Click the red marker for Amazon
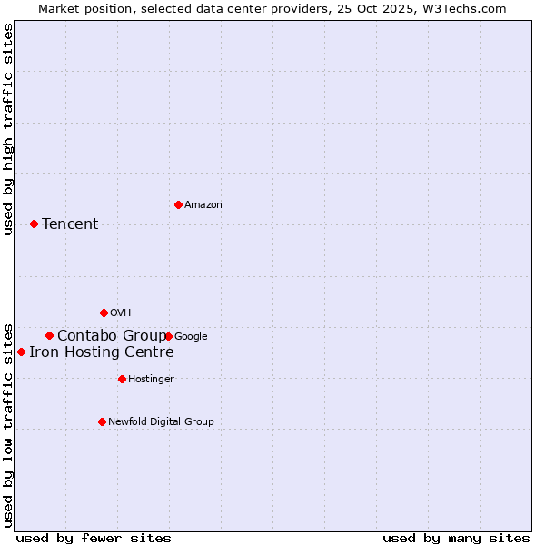(x=178, y=204)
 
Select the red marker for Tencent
(x=34, y=223)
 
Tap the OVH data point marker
(x=104, y=312)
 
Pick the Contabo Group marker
(x=49, y=335)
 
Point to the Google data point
(x=169, y=336)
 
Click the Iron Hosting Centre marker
(x=21, y=352)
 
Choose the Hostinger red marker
(x=122, y=379)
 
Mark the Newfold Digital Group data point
(x=102, y=421)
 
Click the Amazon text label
(x=203, y=205)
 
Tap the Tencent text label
(x=70, y=224)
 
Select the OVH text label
(x=121, y=313)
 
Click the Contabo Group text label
(x=111, y=335)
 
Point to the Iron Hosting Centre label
(x=101, y=352)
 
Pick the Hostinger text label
(x=151, y=380)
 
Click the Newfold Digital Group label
(x=161, y=422)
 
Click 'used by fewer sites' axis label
(x=94, y=539)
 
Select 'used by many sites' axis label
(x=456, y=539)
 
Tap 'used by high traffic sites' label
(x=9, y=129)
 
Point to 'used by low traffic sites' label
(x=9, y=424)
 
